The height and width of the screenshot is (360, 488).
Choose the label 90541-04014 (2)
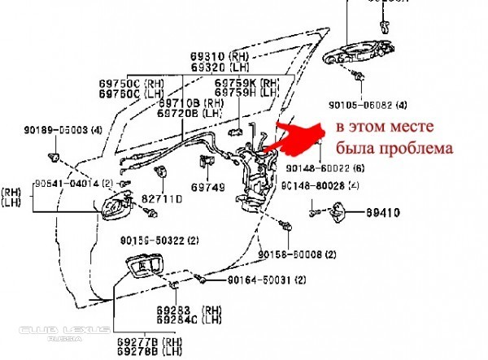tap(74, 184)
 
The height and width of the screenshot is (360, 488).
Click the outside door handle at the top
tap(359, 57)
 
